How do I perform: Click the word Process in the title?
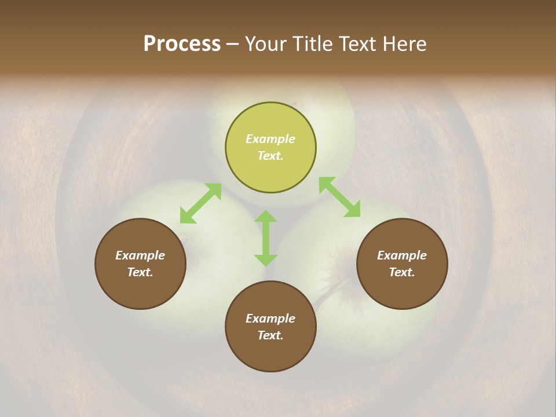[x=182, y=43]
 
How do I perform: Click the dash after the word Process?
[x=232, y=44]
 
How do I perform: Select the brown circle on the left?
[x=140, y=264]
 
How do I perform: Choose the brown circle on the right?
[x=402, y=264]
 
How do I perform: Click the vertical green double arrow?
[x=266, y=238]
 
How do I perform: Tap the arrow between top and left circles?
[x=200, y=203]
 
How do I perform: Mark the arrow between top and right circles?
[x=339, y=197]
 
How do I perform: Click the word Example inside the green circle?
[x=270, y=139]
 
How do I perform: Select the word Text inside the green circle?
[x=270, y=156]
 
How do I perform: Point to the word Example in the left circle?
[x=140, y=255]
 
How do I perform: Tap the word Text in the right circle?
[x=402, y=272]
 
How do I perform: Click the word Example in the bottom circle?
[x=270, y=319]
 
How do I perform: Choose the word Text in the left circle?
[x=140, y=272]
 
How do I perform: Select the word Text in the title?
[x=357, y=43]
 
